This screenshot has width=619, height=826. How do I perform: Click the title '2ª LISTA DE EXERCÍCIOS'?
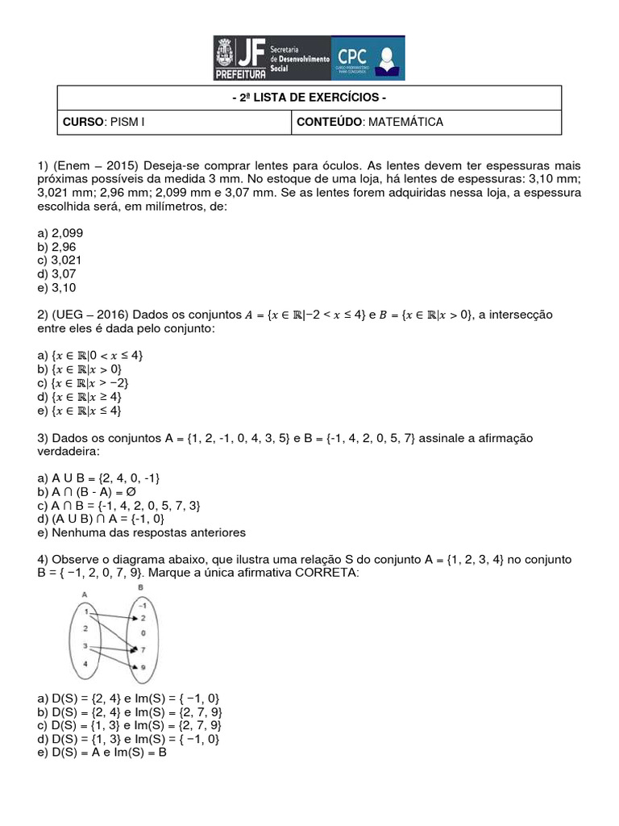click(309, 98)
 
